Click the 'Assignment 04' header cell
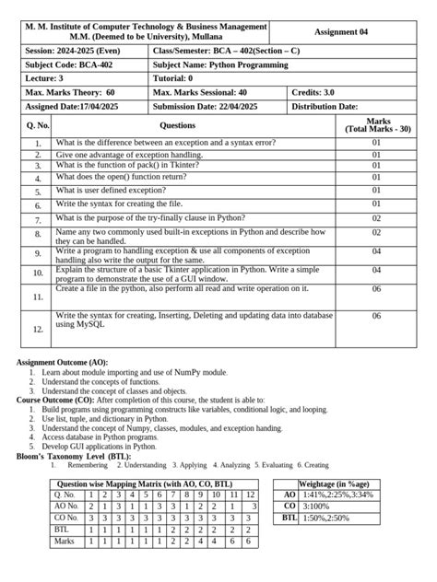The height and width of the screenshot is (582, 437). pos(340,32)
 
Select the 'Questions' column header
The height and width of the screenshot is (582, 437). pos(178,125)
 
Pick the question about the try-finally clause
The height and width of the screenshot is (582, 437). pos(150,218)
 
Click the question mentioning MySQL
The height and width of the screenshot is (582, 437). pos(194,320)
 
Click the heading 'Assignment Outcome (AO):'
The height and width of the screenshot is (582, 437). pos(62,363)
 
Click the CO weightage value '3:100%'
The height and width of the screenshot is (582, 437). pos(316,506)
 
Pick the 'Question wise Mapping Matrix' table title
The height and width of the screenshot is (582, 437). pos(145,483)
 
